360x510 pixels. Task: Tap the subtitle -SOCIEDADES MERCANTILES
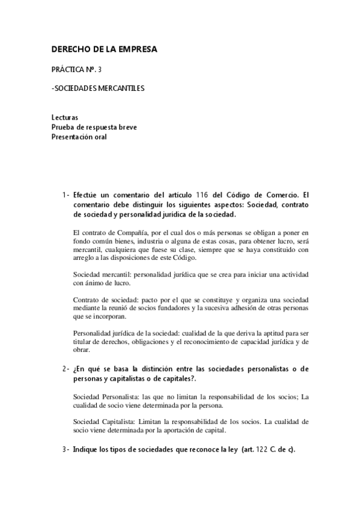tap(99, 88)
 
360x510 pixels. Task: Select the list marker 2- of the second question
tap(66, 369)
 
